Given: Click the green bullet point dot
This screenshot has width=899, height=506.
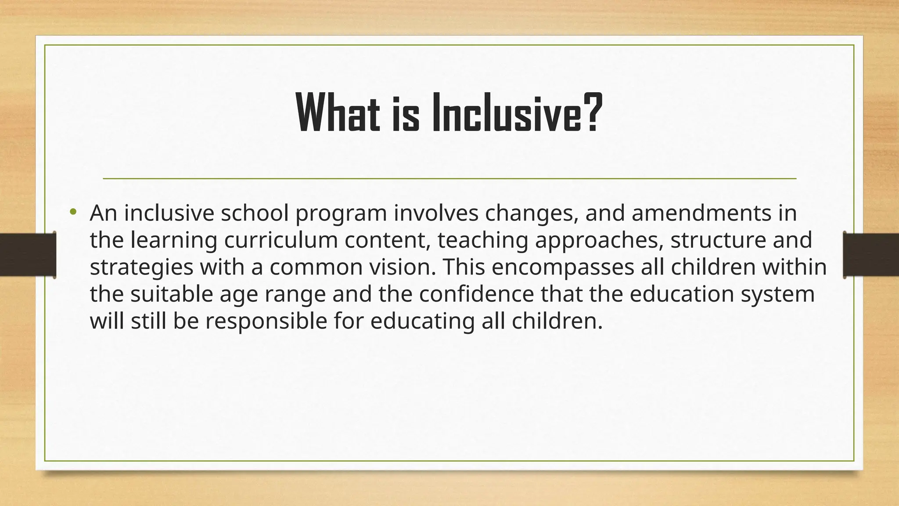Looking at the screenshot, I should coord(73,213).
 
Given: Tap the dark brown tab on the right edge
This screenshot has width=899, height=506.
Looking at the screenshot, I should coord(871,255).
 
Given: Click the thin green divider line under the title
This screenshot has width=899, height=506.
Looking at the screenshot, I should coord(449,179).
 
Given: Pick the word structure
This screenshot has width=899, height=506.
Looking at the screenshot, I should coord(718,240).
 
